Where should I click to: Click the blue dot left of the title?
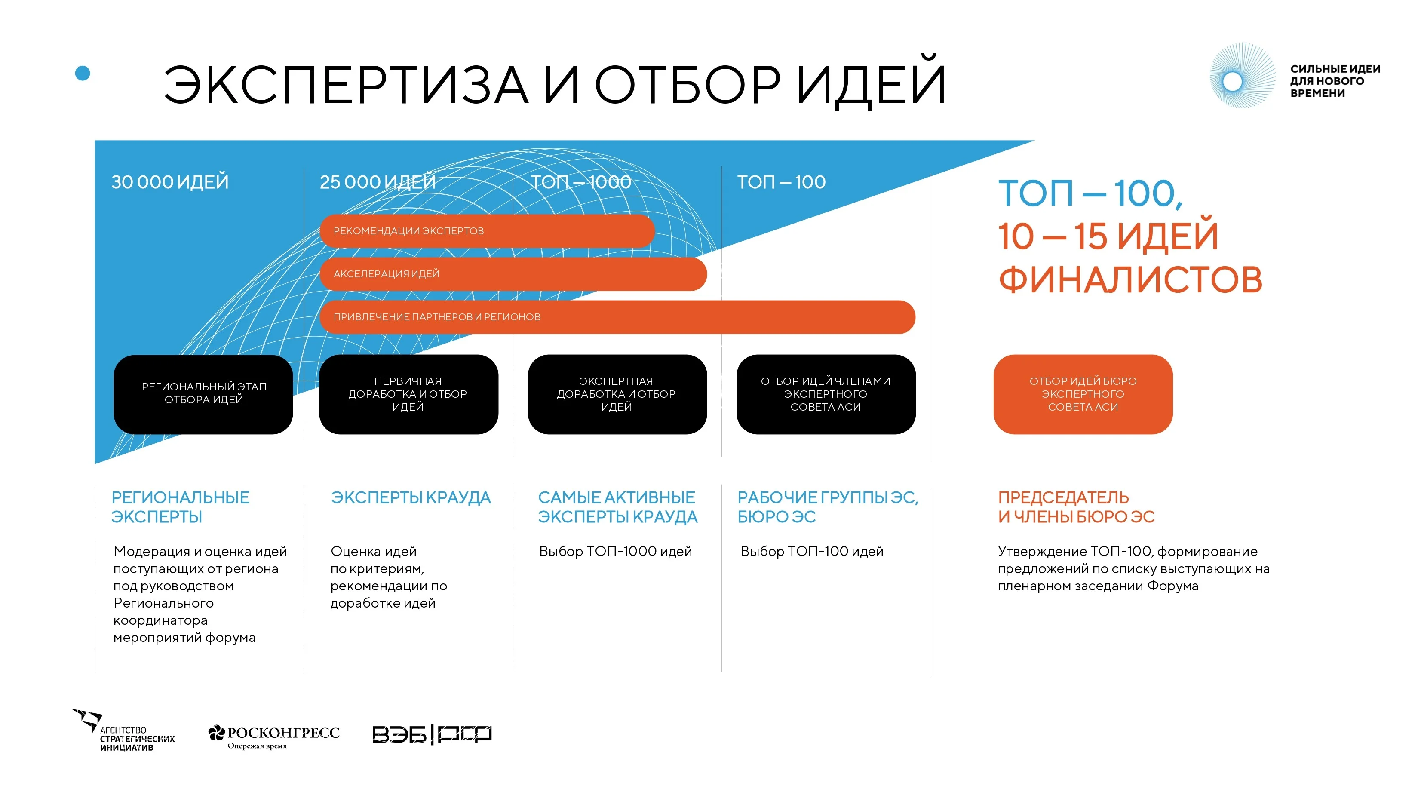(83, 73)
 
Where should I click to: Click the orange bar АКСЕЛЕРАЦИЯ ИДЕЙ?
(513, 274)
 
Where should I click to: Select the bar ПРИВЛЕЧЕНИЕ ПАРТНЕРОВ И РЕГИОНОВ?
(617, 317)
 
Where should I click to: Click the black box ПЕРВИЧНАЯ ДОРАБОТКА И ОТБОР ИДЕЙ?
(408, 394)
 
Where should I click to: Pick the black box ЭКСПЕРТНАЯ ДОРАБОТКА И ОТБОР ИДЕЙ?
(617, 394)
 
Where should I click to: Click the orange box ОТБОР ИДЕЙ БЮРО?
(1083, 394)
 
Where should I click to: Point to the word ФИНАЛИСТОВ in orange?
(1130, 279)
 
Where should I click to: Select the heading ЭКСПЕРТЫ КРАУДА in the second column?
(410, 497)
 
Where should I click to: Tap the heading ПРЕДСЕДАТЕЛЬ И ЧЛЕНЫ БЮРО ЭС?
(1076, 507)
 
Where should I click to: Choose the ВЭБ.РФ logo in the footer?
(432, 734)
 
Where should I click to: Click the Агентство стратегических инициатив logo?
(124, 731)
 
